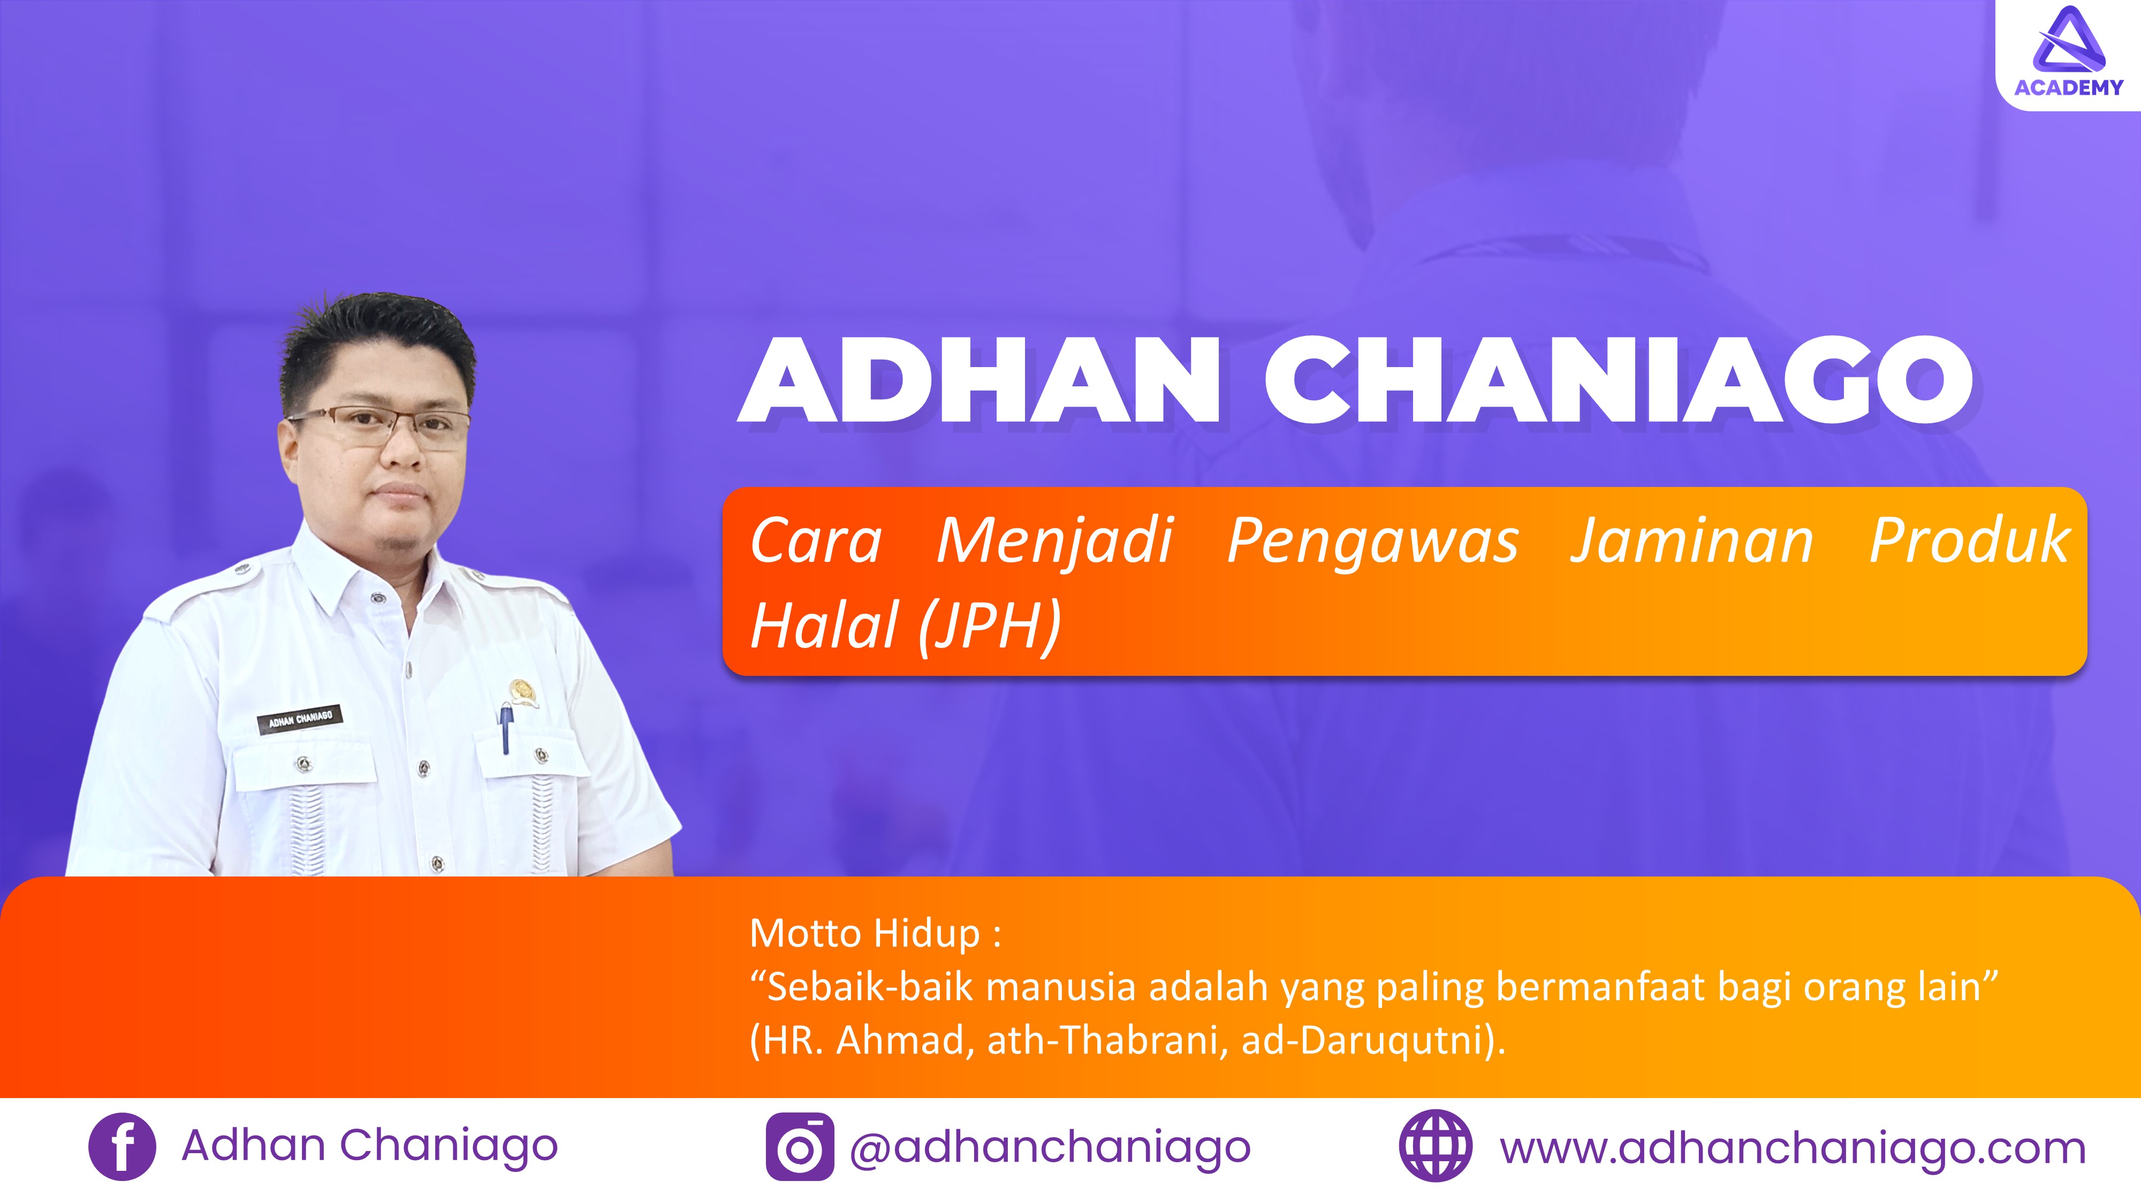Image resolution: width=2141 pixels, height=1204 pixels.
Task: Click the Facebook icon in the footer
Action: pos(122,1147)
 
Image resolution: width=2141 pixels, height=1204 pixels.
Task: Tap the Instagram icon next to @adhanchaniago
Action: pos(800,1147)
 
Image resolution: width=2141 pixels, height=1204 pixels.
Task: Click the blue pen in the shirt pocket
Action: pos(505,728)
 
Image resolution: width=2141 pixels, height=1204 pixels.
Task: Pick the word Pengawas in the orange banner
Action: pos(1373,542)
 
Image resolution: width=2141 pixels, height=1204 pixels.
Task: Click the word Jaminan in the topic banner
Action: pos(1691,542)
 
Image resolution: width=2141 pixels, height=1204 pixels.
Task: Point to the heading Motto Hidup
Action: pos(875,934)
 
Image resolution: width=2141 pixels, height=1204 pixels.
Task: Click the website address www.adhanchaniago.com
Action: pos(1793,1148)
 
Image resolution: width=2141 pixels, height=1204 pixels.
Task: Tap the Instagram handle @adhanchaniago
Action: pos(1050,1148)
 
